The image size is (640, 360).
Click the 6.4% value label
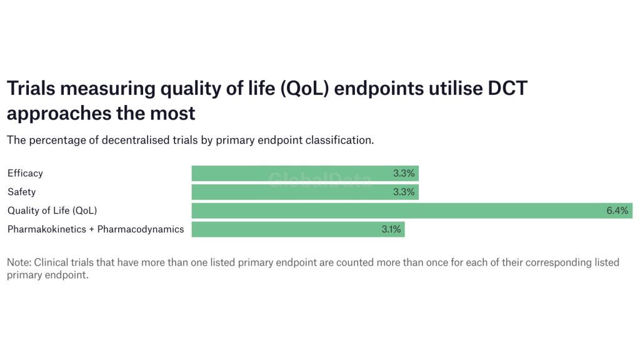[617, 211]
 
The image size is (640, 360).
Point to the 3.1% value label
[391, 229]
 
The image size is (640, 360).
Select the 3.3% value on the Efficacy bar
[404, 173]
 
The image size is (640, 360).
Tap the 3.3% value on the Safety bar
[404, 192]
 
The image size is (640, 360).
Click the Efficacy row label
[25, 173]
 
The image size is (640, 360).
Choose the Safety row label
[21, 192]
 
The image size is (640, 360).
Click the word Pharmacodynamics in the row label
[141, 229]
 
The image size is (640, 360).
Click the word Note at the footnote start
[19, 262]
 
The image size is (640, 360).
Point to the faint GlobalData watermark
[320, 181]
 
